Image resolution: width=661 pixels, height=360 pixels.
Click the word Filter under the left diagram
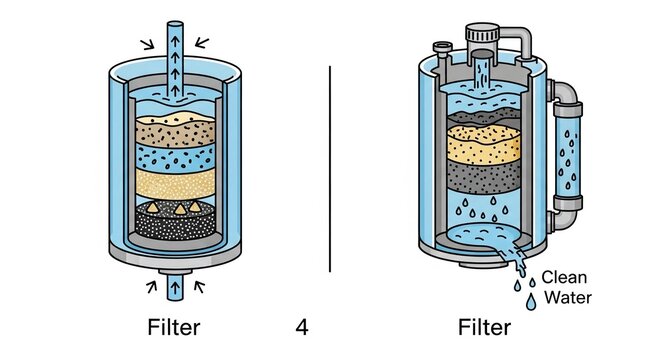(173, 327)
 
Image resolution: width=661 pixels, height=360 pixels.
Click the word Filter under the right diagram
(484, 327)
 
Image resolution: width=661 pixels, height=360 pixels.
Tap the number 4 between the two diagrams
(302, 327)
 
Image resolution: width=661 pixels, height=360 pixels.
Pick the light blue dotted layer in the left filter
(174, 154)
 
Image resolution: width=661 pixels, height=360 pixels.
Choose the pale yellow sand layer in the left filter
(174, 184)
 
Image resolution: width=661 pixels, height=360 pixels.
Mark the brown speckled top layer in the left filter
(174, 129)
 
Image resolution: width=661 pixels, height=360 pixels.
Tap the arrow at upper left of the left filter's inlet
(147, 43)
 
